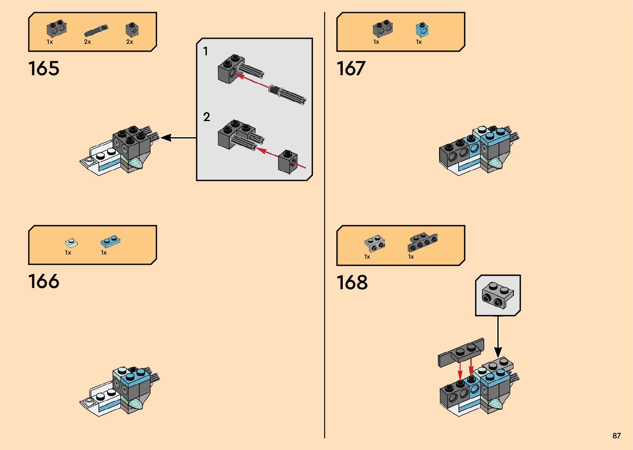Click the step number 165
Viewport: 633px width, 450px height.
[x=44, y=69]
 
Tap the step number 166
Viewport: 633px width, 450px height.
[x=44, y=282]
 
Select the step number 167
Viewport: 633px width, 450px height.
[x=351, y=69]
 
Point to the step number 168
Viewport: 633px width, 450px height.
[x=352, y=283]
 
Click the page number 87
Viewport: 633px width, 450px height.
[x=616, y=436]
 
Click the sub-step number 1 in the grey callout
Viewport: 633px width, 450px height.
[x=205, y=52]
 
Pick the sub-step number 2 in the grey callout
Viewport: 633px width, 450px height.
[x=207, y=117]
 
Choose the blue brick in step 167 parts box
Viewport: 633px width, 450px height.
[x=422, y=30]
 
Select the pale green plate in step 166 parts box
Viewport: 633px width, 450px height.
[x=72, y=243]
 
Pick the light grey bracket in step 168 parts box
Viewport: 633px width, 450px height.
[x=375, y=243]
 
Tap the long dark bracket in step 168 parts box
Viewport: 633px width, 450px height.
[x=423, y=242]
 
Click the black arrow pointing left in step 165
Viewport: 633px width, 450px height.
[x=178, y=138]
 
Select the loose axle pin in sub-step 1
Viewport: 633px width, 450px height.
[x=288, y=95]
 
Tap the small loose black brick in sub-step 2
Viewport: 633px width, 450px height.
[x=287, y=162]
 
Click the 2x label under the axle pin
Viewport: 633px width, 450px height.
[x=88, y=42]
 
